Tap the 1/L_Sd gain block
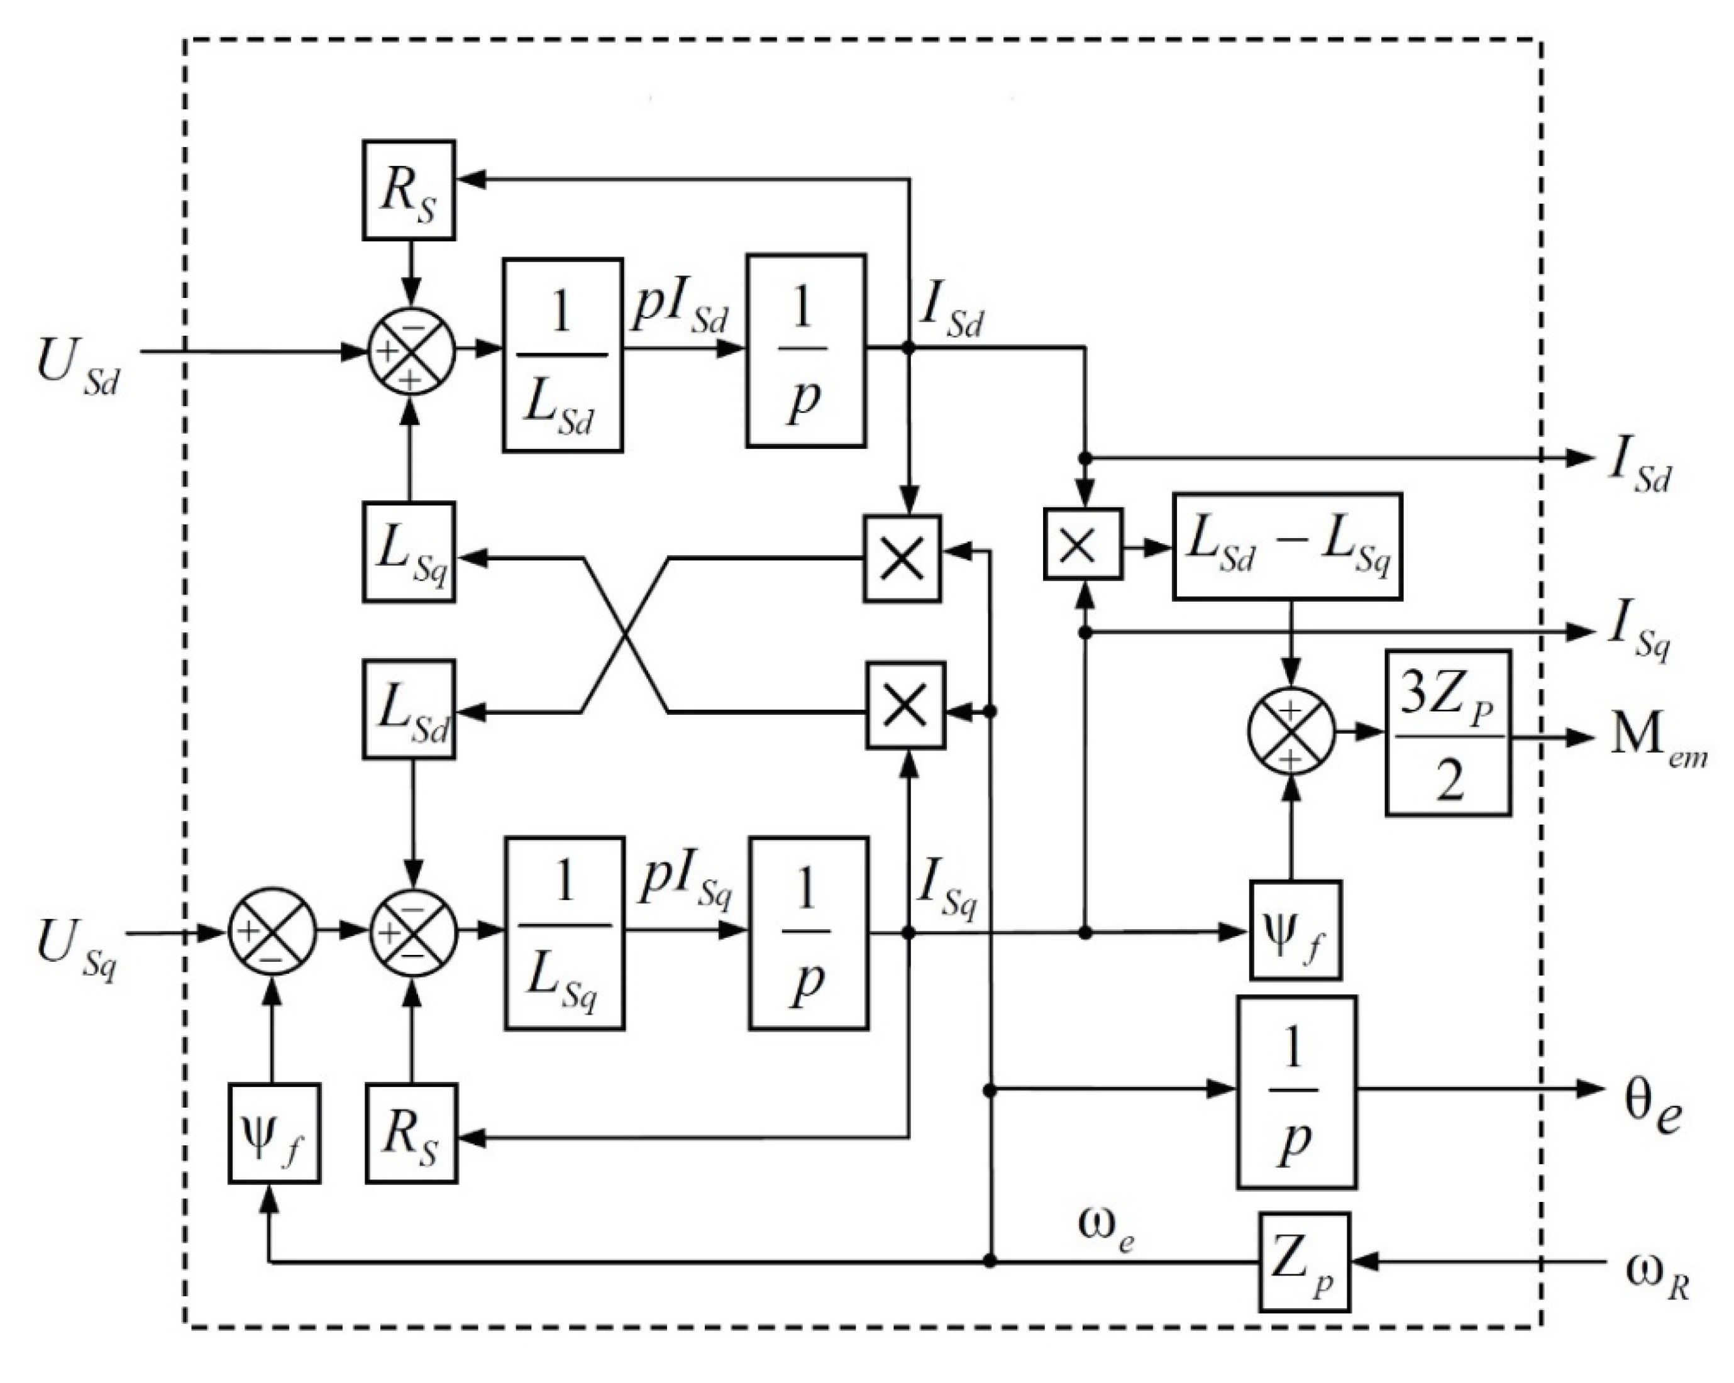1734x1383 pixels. pyautogui.click(x=562, y=355)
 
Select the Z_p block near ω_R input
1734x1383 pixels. pyautogui.click(x=1303, y=1262)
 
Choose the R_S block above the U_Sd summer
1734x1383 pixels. pyautogui.click(x=409, y=190)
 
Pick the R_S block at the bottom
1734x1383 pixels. pyautogui.click(x=412, y=1133)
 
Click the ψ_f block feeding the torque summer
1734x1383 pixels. pyautogui.click(x=1295, y=930)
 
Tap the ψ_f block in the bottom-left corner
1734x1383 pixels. pyautogui.click(x=274, y=1133)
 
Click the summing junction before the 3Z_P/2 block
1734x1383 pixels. pyautogui.click(x=1291, y=732)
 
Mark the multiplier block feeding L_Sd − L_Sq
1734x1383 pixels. pyautogui.click(x=1083, y=544)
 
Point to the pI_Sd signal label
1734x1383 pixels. pyautogui.click(x=680, y=309)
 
